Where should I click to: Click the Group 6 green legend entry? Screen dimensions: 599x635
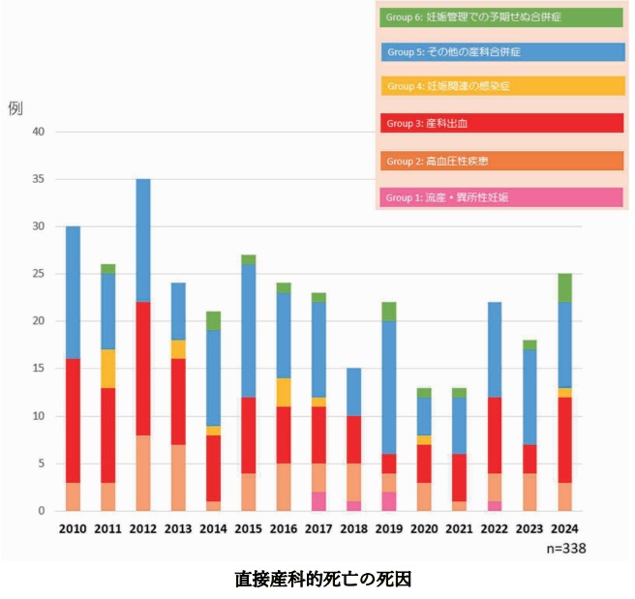pos(500,16)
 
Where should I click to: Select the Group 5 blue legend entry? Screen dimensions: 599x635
pos(500,51)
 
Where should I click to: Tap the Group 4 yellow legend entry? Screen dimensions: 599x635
pos(500,87)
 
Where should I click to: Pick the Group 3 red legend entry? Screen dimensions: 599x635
pos(500,123)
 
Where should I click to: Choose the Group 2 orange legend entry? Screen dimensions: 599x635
pos(500,160)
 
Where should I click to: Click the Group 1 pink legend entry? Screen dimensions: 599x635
pos(500,196)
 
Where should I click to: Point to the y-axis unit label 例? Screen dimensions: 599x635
pos(15,108)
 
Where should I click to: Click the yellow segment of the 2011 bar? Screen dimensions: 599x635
pos(107,369)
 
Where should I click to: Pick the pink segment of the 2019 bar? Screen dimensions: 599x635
pos(388,501)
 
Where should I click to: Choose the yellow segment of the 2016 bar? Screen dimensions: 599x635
pos(283,392)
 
